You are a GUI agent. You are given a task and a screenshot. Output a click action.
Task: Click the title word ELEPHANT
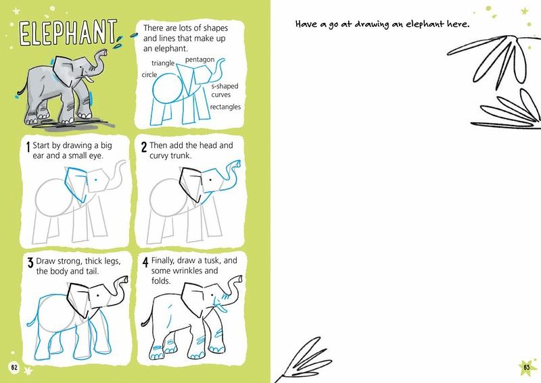tap(68, 32)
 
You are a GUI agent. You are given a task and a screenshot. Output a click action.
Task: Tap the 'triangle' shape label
tap(163, 63)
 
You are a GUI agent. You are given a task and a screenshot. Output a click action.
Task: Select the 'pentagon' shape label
tap(199, 59)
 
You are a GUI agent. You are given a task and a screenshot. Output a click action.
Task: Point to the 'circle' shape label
tap(149, 74)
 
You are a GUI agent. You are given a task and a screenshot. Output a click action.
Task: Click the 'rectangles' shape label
tap(225, 107)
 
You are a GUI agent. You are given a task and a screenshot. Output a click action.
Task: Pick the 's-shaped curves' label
tap(225, 91)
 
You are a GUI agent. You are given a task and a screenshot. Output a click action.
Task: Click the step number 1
tap(28, 147)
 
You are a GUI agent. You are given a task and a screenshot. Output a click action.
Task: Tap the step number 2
tap(144, 147)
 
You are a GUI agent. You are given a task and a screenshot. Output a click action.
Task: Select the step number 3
tap(30, 263)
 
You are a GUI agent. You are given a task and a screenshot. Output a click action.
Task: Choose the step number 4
tap(145, 262)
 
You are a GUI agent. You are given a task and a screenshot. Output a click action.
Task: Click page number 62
tap(14, 367)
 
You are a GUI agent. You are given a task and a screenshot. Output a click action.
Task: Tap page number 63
tap(527, 367)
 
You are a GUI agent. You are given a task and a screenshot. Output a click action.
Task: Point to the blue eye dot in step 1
tap(96, 180)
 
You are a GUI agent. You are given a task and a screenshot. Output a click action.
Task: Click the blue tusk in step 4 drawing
tap(220, 307)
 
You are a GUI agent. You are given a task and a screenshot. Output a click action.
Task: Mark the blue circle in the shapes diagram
tap(167, 88)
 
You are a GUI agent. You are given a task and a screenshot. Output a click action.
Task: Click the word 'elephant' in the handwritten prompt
tap(425, 24)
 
